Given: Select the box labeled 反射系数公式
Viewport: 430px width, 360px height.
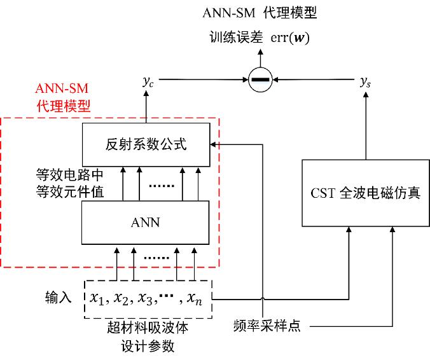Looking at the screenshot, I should point(146,144).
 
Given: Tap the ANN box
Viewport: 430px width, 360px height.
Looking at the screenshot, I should point(146,223).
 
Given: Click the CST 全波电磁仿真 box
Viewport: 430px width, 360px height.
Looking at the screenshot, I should point(365,193).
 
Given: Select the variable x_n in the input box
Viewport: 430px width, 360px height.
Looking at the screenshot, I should point(193,297).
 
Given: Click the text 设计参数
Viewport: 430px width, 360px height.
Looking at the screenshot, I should point(148,346).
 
